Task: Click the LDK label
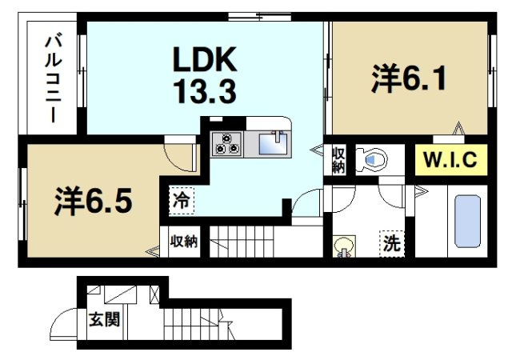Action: pos(203,60)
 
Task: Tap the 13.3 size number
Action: pos(203,93)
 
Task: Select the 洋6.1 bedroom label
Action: pos(407,80)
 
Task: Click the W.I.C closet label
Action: pos(450,159)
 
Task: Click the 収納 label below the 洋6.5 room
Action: pos(184,241)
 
